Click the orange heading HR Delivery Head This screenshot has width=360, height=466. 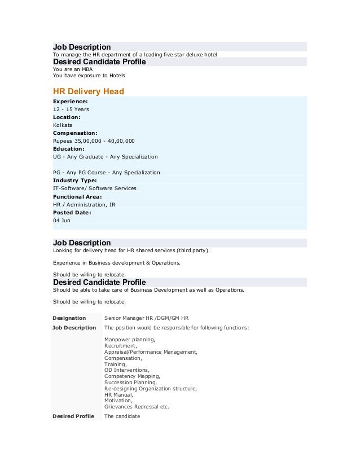(88, 91)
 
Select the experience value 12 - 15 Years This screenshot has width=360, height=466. (71, 109)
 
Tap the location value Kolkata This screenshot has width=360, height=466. (63, 125)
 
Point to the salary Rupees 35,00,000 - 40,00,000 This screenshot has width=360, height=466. (94, 141)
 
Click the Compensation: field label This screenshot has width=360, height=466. (75, 133)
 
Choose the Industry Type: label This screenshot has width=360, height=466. (75, 181)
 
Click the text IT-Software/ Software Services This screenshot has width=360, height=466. (94, 188)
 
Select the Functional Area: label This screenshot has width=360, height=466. (77, 196)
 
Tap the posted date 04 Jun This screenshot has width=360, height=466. (62, 220)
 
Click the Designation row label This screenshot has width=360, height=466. (69, 318)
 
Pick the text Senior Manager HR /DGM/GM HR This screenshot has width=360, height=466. (147, 318)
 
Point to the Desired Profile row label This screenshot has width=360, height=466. (73, 416)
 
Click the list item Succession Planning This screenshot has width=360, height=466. (131, 383)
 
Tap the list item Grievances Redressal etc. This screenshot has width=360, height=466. (137, 407)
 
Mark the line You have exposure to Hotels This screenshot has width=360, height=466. (89, 76)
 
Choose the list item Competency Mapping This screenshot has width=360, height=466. (132, 376)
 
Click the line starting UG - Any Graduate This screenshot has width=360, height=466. (106, 157)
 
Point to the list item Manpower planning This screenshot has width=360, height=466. (130, 340)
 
